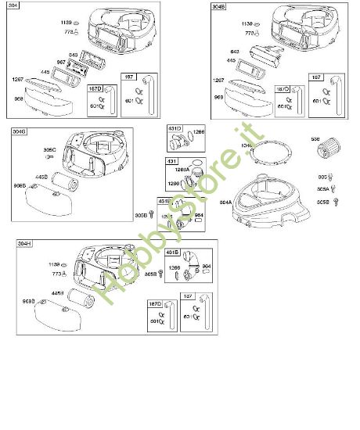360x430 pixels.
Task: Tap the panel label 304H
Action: pyautogui.click(x=25, y=245)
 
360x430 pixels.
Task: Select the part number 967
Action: pyautogui.click(x=61, y=62)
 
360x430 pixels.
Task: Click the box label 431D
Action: pyautogui.click(x=174, y=128)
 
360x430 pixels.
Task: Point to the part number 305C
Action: pyautogui.click(x=49, y=149)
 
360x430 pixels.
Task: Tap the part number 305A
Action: pyautogui.click(x=322, y=189)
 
